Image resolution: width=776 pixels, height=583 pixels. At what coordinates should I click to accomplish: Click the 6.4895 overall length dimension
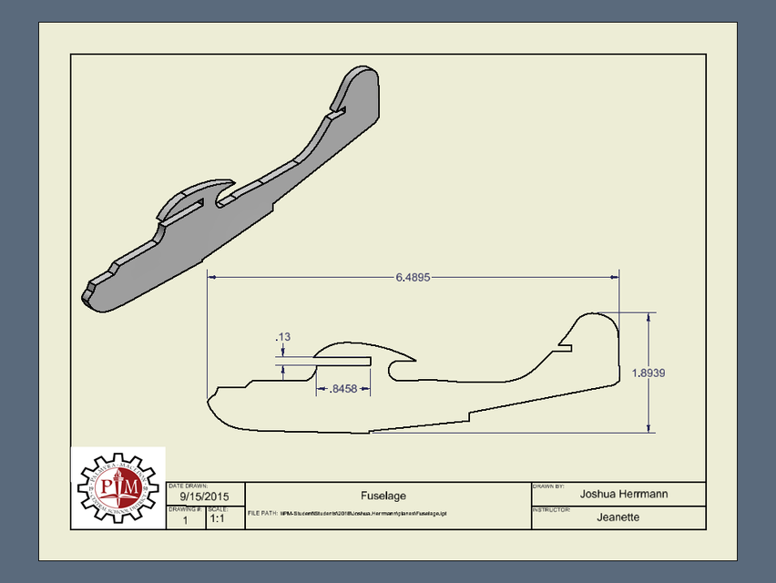point(413,276)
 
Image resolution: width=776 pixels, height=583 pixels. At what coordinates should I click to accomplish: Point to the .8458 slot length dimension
point(343,389)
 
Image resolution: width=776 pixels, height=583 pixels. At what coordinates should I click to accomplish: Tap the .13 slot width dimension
point(282,337)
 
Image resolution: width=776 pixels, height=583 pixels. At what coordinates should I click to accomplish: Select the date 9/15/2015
point(205,496)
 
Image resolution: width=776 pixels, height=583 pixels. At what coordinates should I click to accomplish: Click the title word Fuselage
point(388,495)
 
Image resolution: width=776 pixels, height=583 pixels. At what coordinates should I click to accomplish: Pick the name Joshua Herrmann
point(624,494)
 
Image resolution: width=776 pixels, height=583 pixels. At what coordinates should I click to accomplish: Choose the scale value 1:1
point(219,519)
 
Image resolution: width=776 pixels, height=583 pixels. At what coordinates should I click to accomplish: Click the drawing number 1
point(185,520)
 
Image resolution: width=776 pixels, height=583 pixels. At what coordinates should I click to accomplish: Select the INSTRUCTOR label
point(551,509)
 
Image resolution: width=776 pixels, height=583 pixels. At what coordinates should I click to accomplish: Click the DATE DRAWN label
point(189,486)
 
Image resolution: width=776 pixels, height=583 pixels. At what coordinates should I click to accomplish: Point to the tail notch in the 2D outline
point(565,345)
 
